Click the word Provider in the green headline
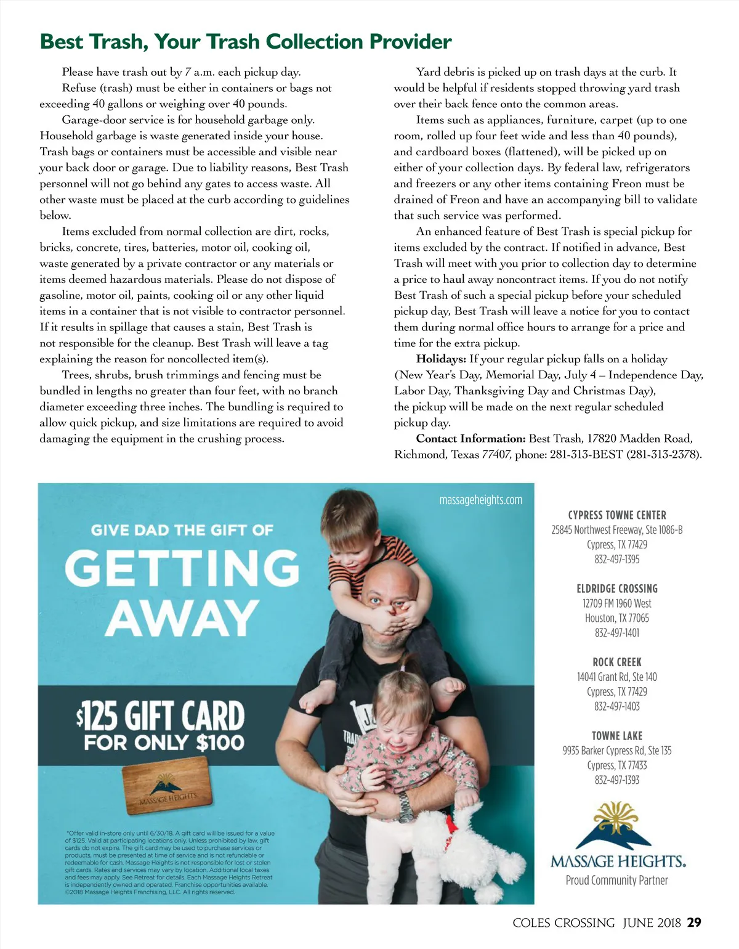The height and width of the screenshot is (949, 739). (x=410, y=42)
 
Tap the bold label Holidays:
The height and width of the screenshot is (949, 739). (x=441, y=359)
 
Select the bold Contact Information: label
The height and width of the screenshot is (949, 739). (x=470, y=439)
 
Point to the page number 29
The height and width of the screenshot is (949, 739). (x=694, y=923)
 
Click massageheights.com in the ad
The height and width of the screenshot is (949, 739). (x=480, y=500)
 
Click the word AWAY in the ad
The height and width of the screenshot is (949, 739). (x=182, y=618)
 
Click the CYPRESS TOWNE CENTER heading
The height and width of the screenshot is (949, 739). (x=617, y=515)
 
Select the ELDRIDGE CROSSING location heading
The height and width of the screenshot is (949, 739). (x=617, y=589)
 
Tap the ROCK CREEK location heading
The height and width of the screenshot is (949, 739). (x=617, y=662)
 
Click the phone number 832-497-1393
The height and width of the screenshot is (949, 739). (x=617, y=780)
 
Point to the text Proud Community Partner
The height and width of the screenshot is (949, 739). (x=617, y=881)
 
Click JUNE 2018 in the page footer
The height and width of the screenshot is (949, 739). (x=652, y=923)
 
